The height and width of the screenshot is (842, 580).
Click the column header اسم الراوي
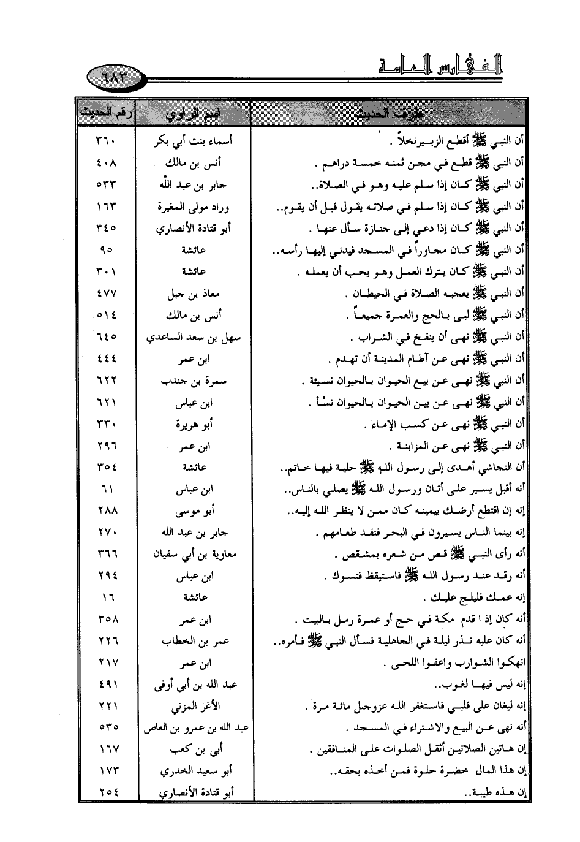click(194, 114)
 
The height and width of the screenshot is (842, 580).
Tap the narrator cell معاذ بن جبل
click(194, 294)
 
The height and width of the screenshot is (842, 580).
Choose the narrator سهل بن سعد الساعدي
click(194, 338)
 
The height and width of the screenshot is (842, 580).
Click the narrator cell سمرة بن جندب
click(194, 381)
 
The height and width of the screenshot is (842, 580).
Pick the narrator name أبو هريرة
click(194, 425)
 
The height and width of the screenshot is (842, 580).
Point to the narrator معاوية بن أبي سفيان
click(194, 555)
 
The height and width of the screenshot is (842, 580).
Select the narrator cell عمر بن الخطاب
click(194, 641)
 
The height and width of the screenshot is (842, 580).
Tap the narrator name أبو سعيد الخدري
click(194, 771)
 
